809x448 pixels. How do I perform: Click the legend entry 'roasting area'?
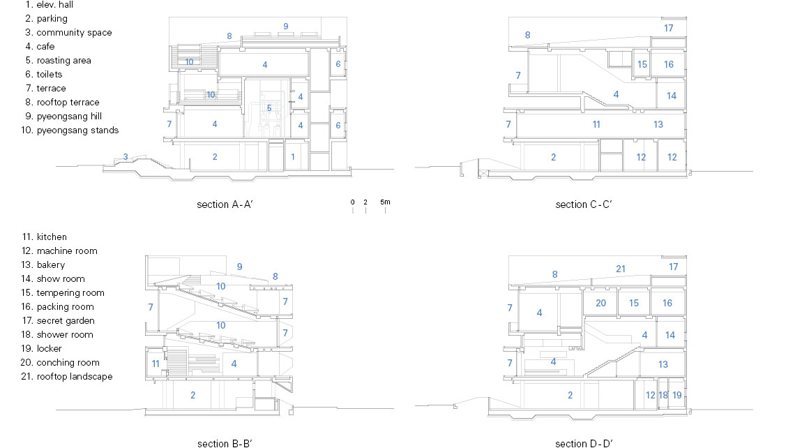pyautogui.click(x=63, y=61)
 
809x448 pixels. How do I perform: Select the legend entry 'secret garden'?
pyautogui.click(x=66, y=320)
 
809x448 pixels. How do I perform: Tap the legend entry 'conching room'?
pyautogui.click(x=68, y=362)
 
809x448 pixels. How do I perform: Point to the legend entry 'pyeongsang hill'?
pyautogui.click(x=69, y=116)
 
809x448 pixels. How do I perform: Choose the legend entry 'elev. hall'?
pyautogui.click(x=54, y=5)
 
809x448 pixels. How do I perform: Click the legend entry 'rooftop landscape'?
pyautogui.click(x=75, y=376)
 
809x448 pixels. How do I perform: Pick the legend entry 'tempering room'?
pyautogui.click(x=70, y=292)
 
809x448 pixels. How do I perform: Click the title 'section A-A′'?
pyautogui.click(x=225, y=204)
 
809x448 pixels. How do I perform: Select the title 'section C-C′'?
pyautogui.click(x=584, y=204)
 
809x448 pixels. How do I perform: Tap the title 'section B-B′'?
pyautogui.click(x=225, y=443)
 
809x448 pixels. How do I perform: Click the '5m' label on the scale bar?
pyautogui.click(x=385, y=202)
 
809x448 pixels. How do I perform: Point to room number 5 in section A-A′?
pyautogui.click(x=269, y=108)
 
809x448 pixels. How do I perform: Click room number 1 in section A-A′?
pyautogui.click(x=292, y=157)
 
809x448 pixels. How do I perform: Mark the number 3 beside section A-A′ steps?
pyautogui.click(x=126, y=157)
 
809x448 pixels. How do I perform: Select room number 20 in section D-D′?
pyautogui.click(x=600, y=303)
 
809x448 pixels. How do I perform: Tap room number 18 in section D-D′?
pyautogui.click(x=663, y=396)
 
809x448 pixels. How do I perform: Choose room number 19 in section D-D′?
pyautogui.click(x=677, y=396)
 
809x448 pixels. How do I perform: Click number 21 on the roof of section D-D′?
pyautogui.click(x=621, y=269)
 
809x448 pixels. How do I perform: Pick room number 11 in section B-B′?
pyautogui.click(x=156, y=364)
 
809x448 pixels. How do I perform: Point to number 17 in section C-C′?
pyautogui.click(x=668, y=28)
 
